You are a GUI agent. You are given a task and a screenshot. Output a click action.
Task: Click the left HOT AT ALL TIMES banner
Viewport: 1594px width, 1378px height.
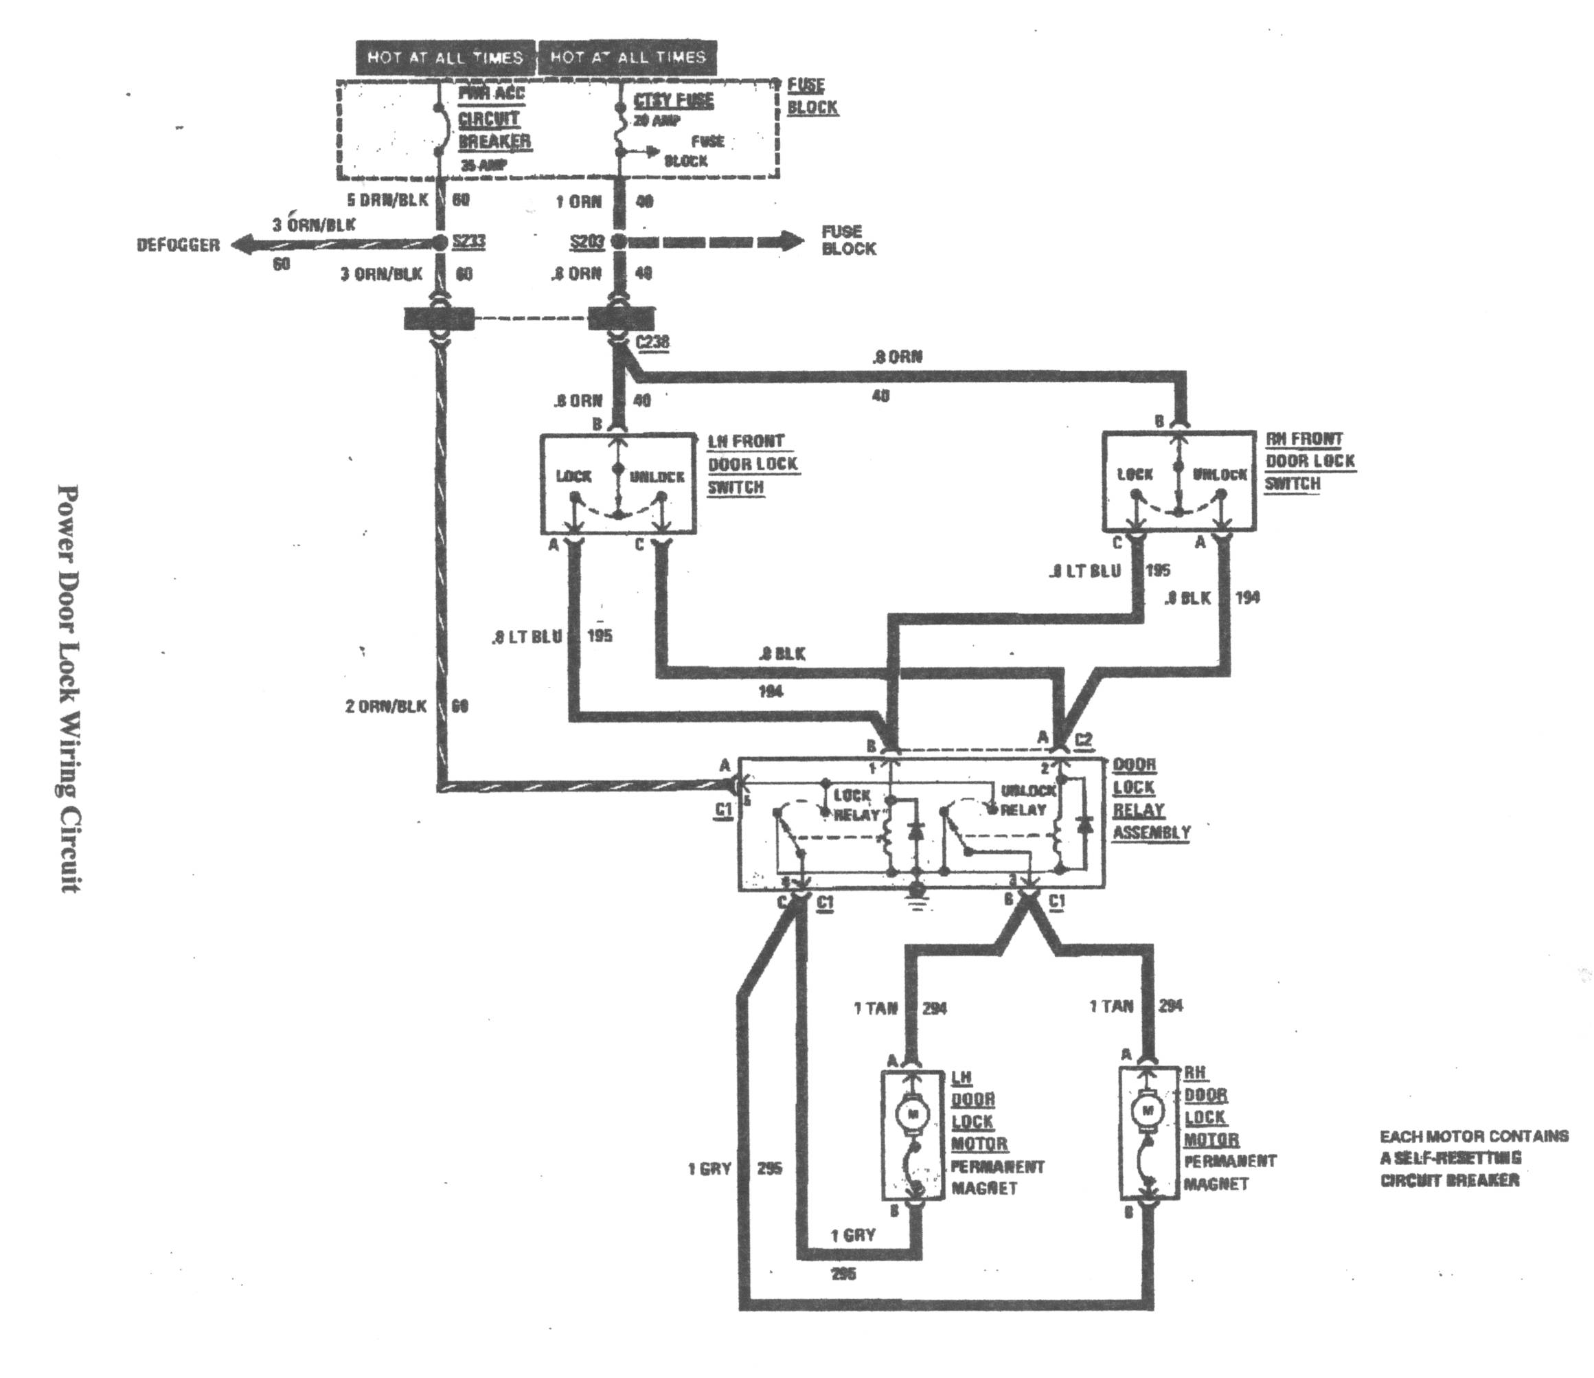[444, 58]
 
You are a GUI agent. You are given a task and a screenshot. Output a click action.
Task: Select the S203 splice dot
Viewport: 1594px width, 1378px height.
[619, 242]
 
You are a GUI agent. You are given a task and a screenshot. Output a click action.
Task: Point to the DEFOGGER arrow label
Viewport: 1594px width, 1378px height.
[178, 245]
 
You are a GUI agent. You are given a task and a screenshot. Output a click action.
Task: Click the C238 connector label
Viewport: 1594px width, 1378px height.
[652, 341]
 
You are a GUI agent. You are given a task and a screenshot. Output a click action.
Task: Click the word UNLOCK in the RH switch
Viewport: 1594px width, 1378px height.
[1219, 475]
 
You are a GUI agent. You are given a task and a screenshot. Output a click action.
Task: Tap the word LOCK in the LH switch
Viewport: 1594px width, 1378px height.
[573, 477]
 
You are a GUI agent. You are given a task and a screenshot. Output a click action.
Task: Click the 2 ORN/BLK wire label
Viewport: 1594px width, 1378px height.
[385, 706]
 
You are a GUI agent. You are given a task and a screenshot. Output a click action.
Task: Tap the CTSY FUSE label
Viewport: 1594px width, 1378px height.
[673, 101]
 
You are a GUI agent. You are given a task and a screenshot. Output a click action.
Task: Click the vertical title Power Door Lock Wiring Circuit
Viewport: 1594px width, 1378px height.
[69, 688]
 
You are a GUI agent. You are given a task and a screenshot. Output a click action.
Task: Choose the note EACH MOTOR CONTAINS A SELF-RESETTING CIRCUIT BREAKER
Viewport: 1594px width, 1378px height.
[1473, 1158]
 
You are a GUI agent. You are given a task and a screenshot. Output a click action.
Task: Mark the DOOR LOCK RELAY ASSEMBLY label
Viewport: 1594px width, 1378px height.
[1150, 799]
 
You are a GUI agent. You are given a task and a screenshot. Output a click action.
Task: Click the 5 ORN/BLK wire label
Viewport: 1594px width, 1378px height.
[387, 200]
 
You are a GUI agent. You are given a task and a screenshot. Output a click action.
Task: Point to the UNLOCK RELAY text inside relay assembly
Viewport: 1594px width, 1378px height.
[1024, 800]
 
